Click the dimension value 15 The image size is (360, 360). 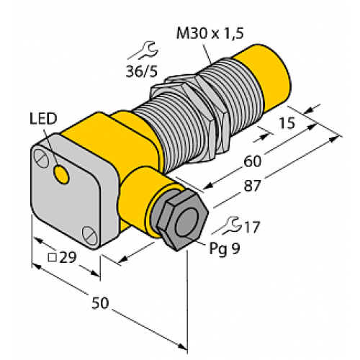point(287,125)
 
